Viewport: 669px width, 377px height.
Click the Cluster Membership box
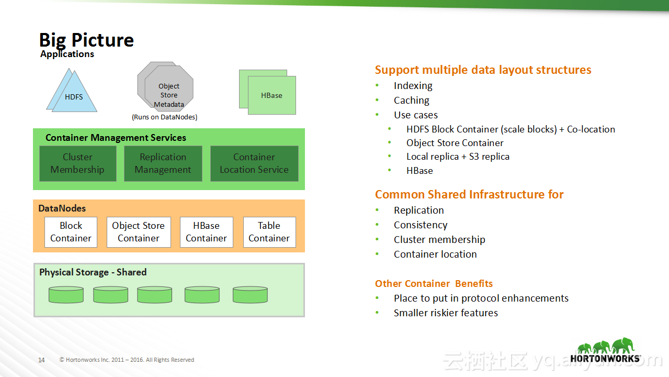click(77, 163)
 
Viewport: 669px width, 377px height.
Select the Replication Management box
click(163, 163)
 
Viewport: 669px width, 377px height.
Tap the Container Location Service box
click(254, 163)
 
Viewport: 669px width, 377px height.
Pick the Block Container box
click(71, 232)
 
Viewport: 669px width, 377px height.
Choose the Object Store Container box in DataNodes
click(139, 232)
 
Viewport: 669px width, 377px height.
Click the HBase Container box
click(207, 232)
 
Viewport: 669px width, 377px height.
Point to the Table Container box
click(269, 232)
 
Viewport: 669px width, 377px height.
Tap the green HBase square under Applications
click(271, 95)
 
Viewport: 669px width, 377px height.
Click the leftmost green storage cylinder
click(66, 295)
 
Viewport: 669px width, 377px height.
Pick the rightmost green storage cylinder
click(250, 295)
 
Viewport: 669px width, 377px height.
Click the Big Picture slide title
click(86, 40)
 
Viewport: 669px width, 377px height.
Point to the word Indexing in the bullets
click(413, 86)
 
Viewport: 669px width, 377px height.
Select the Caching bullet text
click(412, 101)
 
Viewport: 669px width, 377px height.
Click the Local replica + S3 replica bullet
click(458, 157)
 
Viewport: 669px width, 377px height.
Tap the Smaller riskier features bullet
click(446, 313)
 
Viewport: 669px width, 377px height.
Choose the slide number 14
click(41, 360)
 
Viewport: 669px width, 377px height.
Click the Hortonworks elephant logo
click(605, 350)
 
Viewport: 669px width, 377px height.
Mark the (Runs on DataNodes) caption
click(165, 117)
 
